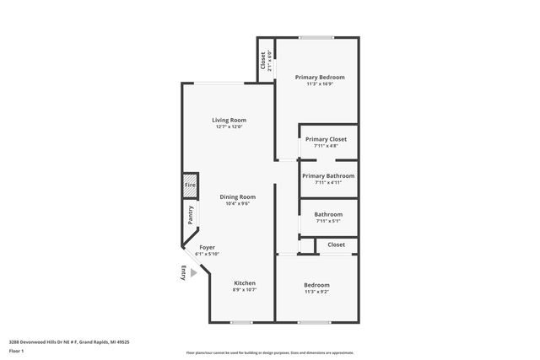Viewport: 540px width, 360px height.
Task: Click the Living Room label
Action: (229, 121)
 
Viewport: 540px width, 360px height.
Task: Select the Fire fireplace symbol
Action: (190, 185)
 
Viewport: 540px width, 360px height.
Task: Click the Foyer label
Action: (207, 247)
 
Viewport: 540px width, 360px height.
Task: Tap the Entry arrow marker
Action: (193, 272)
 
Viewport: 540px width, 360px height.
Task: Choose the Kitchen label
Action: (244, 282)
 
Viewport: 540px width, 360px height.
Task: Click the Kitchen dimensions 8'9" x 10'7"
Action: (244, 290)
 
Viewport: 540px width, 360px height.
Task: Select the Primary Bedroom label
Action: (319, 77)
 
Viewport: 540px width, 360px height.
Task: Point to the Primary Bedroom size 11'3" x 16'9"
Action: (319, 83)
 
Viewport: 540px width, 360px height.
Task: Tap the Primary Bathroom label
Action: (328, 175)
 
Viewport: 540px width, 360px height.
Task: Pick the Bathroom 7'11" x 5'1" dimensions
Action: (328, 222)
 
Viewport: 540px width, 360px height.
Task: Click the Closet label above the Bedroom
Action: (337, 244)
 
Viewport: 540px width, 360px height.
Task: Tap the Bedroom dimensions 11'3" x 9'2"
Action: (316, 293)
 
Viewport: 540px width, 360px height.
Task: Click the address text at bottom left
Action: (68, 342)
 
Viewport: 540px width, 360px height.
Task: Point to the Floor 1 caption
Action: (17, 351)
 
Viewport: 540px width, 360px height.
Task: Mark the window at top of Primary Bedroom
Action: (316, 37)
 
